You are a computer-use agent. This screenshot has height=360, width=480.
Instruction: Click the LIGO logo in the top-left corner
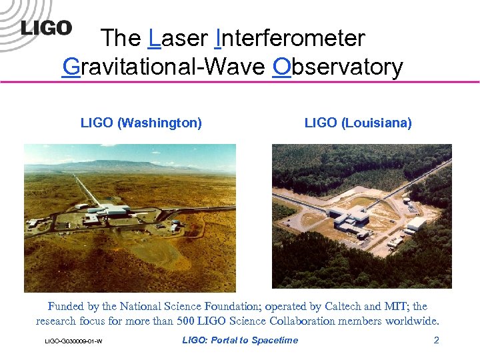pos(45,28)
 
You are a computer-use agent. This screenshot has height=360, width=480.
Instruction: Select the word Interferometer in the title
pos(291,38)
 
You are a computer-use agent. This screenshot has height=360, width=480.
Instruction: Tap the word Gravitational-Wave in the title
pos(163,67)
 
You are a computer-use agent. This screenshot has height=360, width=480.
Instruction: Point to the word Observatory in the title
pos(338,67)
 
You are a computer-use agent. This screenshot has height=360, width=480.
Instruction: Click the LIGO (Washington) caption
pos(141,123)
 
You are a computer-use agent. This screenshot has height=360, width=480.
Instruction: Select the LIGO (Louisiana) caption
pos(358,123)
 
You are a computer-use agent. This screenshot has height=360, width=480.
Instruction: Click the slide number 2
pos(436,341)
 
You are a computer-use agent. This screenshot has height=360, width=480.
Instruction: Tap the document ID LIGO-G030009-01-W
pos(73,342)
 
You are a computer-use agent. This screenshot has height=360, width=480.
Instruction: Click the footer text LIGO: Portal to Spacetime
pos(240,341)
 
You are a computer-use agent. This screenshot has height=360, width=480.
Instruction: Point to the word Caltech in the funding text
pos(344,307)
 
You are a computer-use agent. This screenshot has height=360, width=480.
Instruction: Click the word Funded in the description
pos(65,307)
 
